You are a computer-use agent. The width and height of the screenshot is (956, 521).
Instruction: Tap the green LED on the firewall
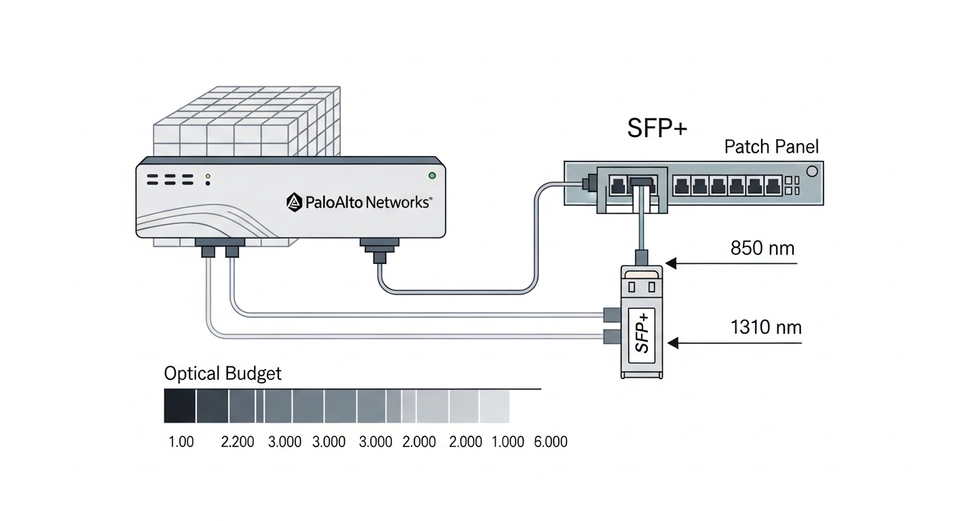432,176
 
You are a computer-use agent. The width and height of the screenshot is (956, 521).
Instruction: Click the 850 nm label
762,248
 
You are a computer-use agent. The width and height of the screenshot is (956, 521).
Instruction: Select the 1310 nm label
766,328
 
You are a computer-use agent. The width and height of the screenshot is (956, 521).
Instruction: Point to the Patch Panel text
771,147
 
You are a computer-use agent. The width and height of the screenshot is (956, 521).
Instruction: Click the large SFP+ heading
657,129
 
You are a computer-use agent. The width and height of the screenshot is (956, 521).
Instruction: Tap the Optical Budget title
223,373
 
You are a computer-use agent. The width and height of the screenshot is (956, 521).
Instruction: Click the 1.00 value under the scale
181,442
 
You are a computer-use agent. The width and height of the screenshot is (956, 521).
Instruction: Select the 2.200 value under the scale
238,442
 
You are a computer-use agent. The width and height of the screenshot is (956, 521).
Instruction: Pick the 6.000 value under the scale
551,442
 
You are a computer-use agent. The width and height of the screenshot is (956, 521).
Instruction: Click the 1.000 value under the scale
508,442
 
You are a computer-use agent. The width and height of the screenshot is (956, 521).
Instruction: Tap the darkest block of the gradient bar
180,406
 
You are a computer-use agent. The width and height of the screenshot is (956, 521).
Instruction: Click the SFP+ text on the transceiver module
642,331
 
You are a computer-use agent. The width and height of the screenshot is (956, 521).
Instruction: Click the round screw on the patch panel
811,170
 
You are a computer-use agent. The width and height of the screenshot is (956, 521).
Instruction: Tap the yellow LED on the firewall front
208,176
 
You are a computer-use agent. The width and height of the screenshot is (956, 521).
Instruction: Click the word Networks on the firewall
397,202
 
